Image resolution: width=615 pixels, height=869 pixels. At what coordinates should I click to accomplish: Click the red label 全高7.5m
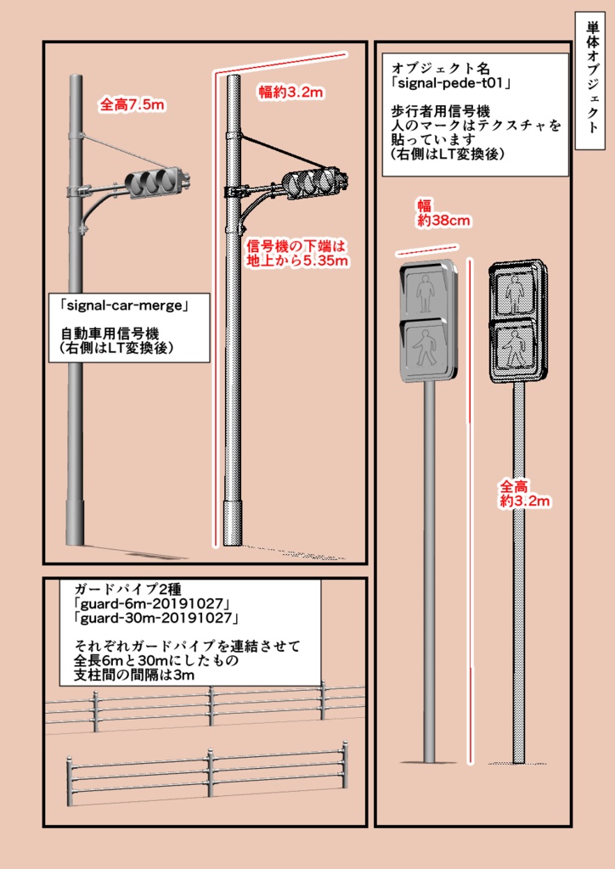pos(132,104)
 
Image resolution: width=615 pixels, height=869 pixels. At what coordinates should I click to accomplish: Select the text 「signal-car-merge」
pos(123,303)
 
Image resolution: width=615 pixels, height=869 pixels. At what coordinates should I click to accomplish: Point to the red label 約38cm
pos(443,221)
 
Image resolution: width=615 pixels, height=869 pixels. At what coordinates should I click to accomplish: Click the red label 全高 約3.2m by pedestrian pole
pos(524,495)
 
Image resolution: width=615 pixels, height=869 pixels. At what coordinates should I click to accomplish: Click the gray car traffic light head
pos(153,182)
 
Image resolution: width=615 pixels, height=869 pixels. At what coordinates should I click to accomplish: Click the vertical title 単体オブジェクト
pos(591,86)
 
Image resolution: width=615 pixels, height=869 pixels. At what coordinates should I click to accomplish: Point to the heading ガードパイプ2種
pos(135,589)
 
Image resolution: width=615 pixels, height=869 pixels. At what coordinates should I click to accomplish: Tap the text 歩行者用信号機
pos(442,111)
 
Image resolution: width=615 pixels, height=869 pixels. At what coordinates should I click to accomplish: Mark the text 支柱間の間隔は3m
pos(135,675)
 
